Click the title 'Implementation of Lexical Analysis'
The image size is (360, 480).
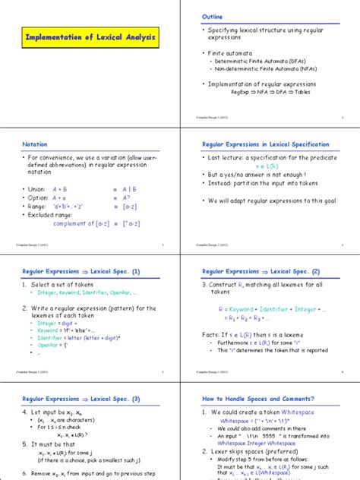click(90, 35)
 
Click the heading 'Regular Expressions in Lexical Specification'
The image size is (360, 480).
click(269, 144)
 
